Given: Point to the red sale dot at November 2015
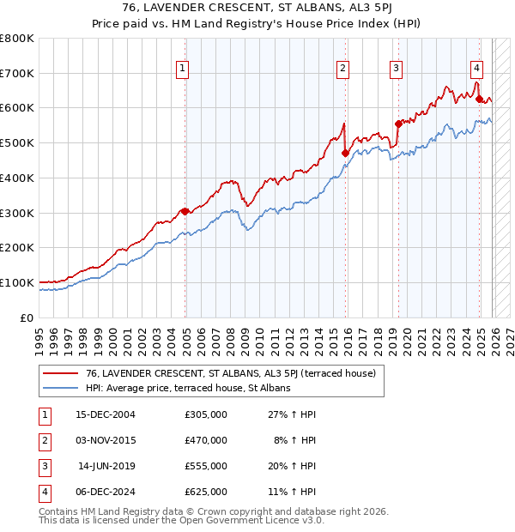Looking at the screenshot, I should pyautogui.click(x=345, y=154).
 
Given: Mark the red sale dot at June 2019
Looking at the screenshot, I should pyautogui.click(x=398, y=124).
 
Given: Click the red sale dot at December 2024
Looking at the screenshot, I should pyautogui.click(x=479, y=100).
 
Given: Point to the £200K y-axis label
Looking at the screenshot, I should pyautogui.click(x=17, y=247).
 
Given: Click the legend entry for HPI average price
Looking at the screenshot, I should pyautogui.click(x=188, y=388).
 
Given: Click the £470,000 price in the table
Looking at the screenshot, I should pyautogui.click(x=206, y=440).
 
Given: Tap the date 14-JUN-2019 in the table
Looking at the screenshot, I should pyautogui.click(x=106, y=466).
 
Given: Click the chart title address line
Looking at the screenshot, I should pyautogui.click(x=257, y=9).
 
